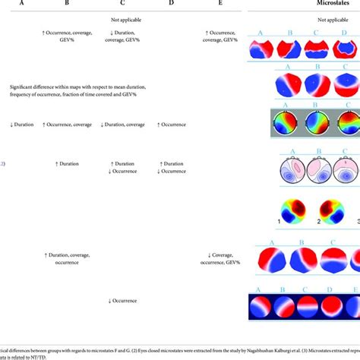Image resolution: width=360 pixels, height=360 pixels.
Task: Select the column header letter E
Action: pyautogui.click(x=220, y=4)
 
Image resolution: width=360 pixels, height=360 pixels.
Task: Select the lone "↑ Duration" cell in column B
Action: pyautogui.click(x=67, y=163)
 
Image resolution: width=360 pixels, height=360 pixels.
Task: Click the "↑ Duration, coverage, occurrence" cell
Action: pyautogui.click(x=67, y=259)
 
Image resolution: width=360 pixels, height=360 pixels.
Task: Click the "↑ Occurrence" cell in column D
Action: pyautogui.click(x=171, y=124)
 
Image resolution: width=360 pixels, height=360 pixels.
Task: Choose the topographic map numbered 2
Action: pyautogui.click(x=331, y=211)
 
